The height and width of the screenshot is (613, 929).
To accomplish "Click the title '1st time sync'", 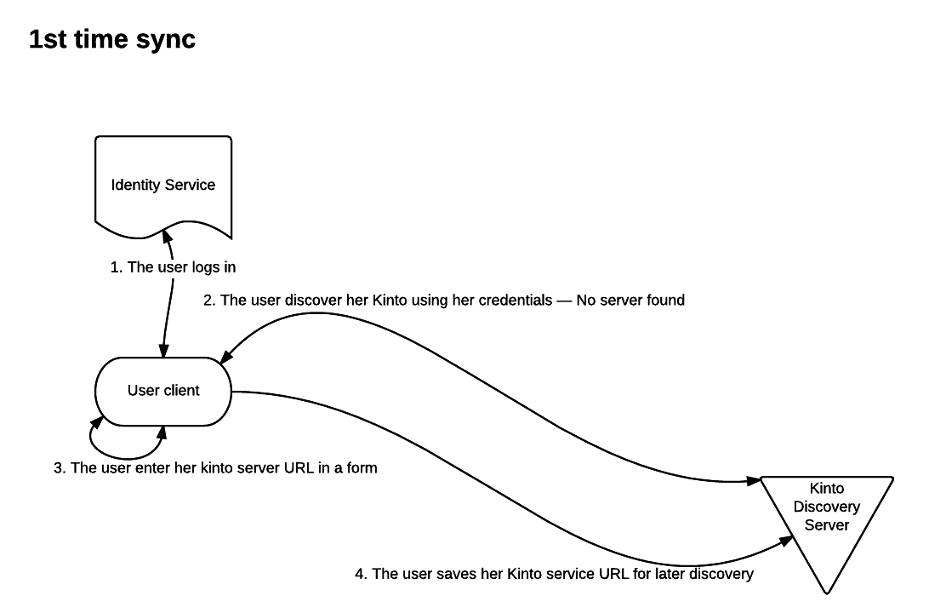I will tap(112, 38).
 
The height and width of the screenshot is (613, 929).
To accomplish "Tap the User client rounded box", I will tap(163, 391).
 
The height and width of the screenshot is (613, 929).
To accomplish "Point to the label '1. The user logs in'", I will tap(173, 267).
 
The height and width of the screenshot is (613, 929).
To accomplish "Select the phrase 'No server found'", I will tap(630, 300).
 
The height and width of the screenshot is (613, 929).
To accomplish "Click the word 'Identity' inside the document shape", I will tap(134, 185).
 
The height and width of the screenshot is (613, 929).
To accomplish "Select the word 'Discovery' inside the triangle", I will tap(827, 507).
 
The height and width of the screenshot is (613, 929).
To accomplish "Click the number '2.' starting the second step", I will tap(208, 300).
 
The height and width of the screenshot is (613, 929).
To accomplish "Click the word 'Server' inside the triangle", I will tap(827, 524).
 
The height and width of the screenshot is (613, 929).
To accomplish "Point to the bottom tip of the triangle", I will tap(827, 592).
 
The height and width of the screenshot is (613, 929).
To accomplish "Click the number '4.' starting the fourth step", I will tap(361, 574).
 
